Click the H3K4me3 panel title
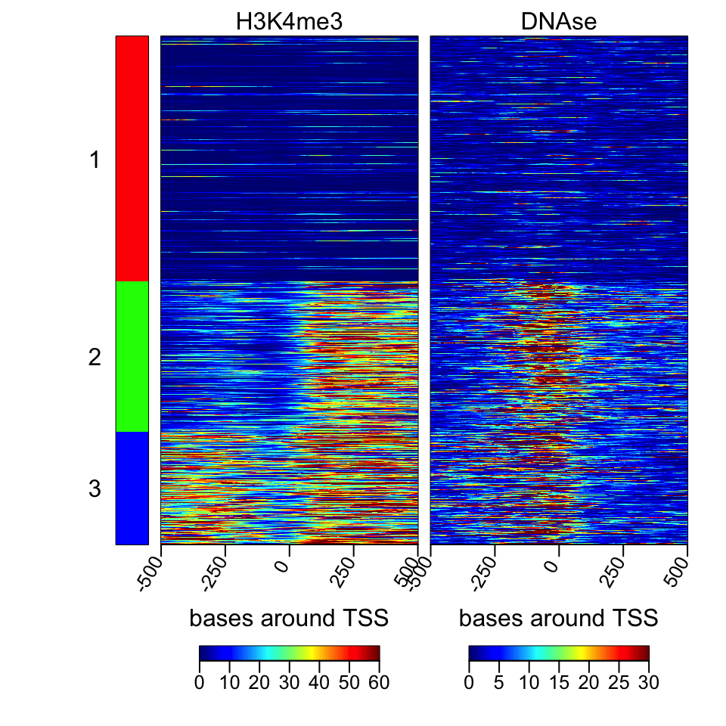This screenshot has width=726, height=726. point(289,23)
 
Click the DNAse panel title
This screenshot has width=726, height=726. point(559,23)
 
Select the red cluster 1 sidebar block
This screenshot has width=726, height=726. point(132,158)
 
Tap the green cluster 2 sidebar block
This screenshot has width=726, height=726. point(132,356)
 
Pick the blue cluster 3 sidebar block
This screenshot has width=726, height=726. point(132,488)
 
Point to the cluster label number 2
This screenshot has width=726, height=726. point(95,357)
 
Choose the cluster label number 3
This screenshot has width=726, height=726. point(95,489)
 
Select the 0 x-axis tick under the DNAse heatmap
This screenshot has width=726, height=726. point(554,565)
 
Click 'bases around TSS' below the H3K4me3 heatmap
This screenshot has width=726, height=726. point(289,619)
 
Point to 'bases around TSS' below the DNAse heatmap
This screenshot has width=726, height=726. point(559,619)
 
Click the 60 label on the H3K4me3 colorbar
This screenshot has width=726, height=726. point(379,683)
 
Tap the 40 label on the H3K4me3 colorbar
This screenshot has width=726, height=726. point(319,683)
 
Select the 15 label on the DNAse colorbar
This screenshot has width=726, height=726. point(559,683)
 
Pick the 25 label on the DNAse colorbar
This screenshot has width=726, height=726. point(619,683)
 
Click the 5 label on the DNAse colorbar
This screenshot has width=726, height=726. point(499,683)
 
